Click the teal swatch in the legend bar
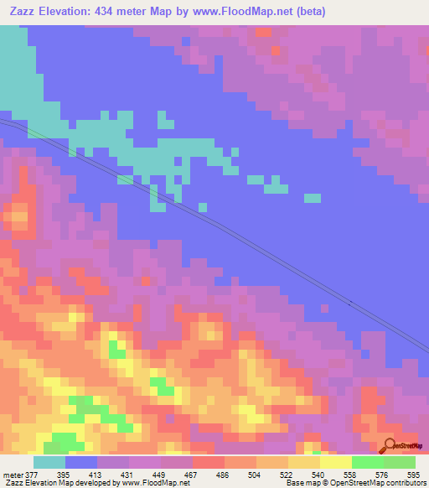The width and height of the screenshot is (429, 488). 49,462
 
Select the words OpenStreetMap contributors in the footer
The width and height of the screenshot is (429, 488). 380,483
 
